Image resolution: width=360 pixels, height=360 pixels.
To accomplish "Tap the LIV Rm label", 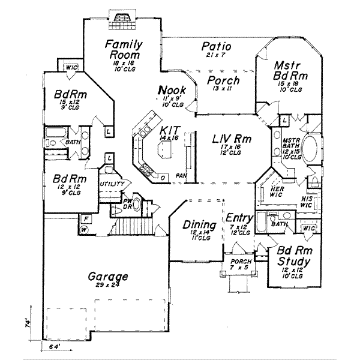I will pyautogui.click(x=231, y=139).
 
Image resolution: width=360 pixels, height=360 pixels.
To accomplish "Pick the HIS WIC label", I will pyautogui.click(x=307, y=201).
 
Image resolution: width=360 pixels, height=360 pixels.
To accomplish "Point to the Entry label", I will pyautogui.click(x=238, y=217).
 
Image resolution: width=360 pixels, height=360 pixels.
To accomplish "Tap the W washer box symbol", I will pyautogui.click(x=85, y=229).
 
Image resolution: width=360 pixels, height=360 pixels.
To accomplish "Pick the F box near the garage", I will pyautogui.click(x=86, y=219).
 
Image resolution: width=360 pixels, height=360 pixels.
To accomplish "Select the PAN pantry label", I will pyautogui.click(x=181, y=176).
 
